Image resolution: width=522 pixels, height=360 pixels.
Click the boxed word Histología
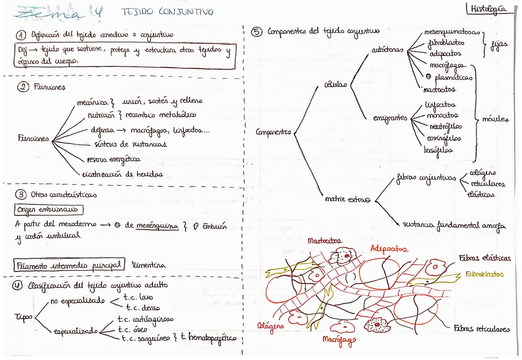pyautogui.click(x=488, y=9)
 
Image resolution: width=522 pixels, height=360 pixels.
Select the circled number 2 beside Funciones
pyautogui.click(x=23, y=87)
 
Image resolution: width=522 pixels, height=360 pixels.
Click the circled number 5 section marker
pyautogui.click(x=257, y=31)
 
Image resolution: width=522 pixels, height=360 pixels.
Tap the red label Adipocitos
pyautogui.click(x=388, y=249)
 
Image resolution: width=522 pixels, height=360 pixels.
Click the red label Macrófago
pyautogui.click(x=339, y=339)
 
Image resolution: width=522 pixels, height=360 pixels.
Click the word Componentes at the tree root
pyautogui.click(x=273, y=131)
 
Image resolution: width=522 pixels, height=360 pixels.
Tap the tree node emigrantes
pyautogui.click(x=390, y=118)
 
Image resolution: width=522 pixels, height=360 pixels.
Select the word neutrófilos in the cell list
pyautogui.click(x=445, y=127)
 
